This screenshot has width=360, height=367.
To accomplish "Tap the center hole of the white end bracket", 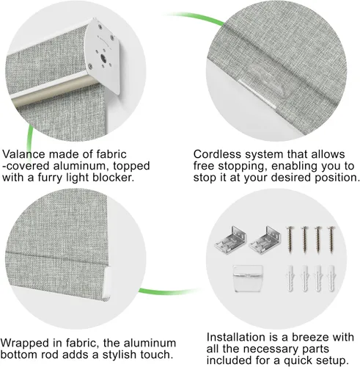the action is click(x=103, y=59).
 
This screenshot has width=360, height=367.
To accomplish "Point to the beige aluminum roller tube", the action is click(x=54, y=91).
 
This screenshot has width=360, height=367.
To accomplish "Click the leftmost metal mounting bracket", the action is click(x=230, y=240).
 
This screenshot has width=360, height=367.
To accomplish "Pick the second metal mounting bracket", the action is click(x=265, y=240).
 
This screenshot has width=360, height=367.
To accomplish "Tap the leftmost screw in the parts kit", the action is click(x=290, y=239).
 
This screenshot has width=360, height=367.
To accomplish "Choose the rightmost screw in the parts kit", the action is click(x=331, y=239).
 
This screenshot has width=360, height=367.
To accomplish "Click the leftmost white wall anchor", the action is click(x=290, y=278).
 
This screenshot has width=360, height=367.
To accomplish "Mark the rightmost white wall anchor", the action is click(x=331, y=278).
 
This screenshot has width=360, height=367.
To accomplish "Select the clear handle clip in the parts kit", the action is click(x=248, y=278).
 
